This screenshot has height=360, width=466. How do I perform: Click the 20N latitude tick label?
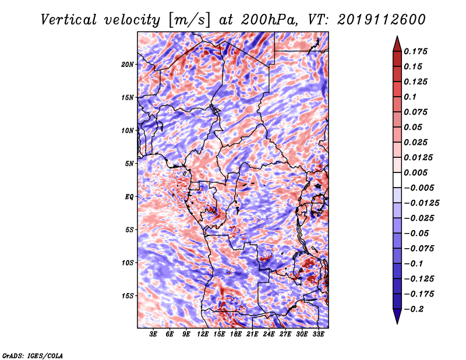coord(127,65)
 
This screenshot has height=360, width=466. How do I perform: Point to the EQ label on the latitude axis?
coord(129,197)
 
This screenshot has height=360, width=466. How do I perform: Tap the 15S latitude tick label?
coord(127,296)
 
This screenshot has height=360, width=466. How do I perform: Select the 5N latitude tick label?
coord(129,164)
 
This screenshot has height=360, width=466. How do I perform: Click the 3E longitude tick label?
coord(153,334)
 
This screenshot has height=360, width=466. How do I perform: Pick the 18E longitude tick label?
coord(235,334)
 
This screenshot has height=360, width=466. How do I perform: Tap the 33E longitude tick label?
coord(318,334)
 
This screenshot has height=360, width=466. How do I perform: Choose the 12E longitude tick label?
coord(202,334)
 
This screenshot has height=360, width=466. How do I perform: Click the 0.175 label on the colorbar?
coord(415,51)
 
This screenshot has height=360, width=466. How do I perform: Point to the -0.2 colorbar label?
coord(414,309)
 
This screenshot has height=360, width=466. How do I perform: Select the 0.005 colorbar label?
coord(415,172)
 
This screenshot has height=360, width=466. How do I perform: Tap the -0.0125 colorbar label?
coord(421,203)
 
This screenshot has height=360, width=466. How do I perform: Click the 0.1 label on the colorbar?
coord(410,97)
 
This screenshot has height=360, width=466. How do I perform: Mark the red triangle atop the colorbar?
coord(397,44)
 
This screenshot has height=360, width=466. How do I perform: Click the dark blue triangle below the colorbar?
coord(397,316)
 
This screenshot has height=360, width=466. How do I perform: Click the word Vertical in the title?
coord(69,20)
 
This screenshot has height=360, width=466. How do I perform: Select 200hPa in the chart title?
coord(269,20)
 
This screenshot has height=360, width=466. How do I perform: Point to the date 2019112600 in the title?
coord(382,20)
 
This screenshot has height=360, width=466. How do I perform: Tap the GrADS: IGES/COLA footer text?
coord(32,355)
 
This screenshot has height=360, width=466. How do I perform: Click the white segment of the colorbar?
coord(397,180)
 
